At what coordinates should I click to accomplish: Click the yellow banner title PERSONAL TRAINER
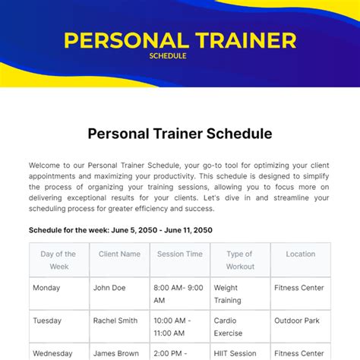pyautogui.click(x=179, y=39)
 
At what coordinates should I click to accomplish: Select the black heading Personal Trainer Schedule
pyautogui.click(x=179, y=134)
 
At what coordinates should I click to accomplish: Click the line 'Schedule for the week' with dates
pyautogui.click(x=120, y=229)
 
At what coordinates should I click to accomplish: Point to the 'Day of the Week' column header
pyautogui.click(x=58, y=260)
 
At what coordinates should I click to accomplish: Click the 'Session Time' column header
pyautogui.click(x=180, y=254)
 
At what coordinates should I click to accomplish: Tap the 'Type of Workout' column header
pyautogui.click(x=239, y=260)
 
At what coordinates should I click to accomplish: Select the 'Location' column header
pyautogui.click(x=300, y=254)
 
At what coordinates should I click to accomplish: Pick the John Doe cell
pyautogui.click(x=110, y=288)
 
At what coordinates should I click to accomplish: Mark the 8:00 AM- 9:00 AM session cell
pyautogui.click(x=179, y=294)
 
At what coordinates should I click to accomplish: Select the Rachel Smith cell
pyautogui.click(x=115, y=321)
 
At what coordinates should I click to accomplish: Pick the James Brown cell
pyautogui.click(x=115, y=353)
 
